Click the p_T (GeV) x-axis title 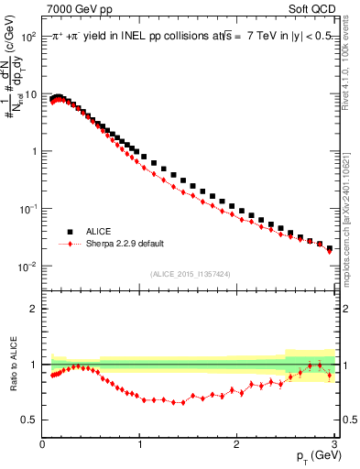[314, 455]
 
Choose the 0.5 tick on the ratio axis [31, 420]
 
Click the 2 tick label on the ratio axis [35, 309]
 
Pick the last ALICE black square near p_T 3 [330, 248]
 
